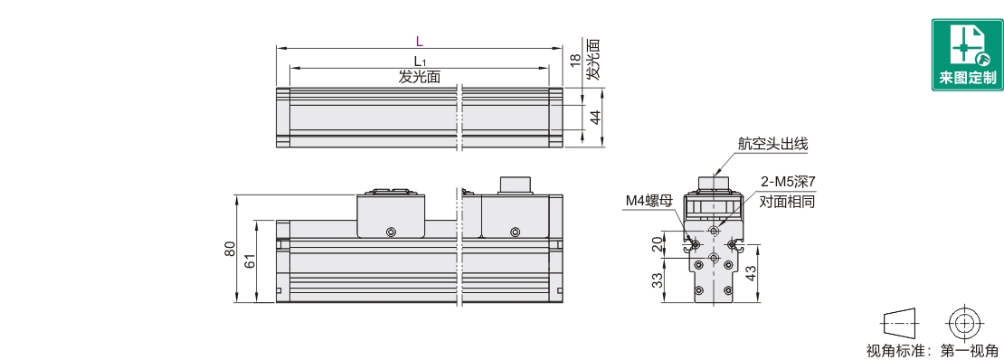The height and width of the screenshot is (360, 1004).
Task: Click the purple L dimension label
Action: click(419, 42)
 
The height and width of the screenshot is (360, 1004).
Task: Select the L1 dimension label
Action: click(420, 62)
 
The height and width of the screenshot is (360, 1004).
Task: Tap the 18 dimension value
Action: click(575, 61)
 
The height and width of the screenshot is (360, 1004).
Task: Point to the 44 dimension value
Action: click(594, 118)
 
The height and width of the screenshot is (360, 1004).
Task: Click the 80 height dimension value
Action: click(232, 249)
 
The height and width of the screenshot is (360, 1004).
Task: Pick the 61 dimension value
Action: click(251, 261)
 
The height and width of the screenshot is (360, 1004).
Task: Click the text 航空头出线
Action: click(772, 144)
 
